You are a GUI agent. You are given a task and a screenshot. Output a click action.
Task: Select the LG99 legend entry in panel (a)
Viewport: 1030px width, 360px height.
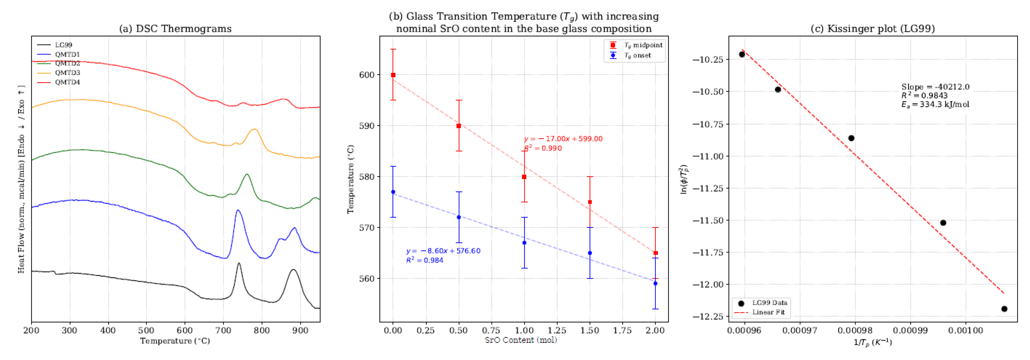tap(63, 45)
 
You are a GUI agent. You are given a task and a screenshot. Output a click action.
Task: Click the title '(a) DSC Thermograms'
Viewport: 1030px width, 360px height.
tap(175, 29)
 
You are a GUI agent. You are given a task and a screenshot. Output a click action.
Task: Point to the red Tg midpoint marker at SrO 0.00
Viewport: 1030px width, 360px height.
tap(393, 75)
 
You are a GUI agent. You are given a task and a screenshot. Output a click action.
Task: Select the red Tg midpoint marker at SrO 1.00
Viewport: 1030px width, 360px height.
tap(524, 177)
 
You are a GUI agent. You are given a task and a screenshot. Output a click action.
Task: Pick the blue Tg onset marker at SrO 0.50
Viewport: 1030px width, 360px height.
tap(459, 217)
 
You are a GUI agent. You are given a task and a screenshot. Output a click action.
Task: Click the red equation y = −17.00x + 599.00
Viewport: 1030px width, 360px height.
tap(563, 139)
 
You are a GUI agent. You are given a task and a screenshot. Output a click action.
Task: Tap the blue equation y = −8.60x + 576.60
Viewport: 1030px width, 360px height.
tap(443, 251)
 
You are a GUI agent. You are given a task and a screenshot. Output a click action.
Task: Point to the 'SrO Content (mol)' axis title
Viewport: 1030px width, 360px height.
tap(521, 340)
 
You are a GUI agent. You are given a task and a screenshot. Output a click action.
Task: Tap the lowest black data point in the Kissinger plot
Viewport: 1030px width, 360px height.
tap(1004, 309)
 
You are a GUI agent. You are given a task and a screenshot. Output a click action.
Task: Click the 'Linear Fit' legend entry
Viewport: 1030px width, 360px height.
tap(768, 312)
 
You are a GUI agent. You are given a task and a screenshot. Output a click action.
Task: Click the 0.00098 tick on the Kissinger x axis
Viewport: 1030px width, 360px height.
tap(855, 330)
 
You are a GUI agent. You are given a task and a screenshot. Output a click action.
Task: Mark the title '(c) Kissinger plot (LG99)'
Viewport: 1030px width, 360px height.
tap(872, 29)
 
